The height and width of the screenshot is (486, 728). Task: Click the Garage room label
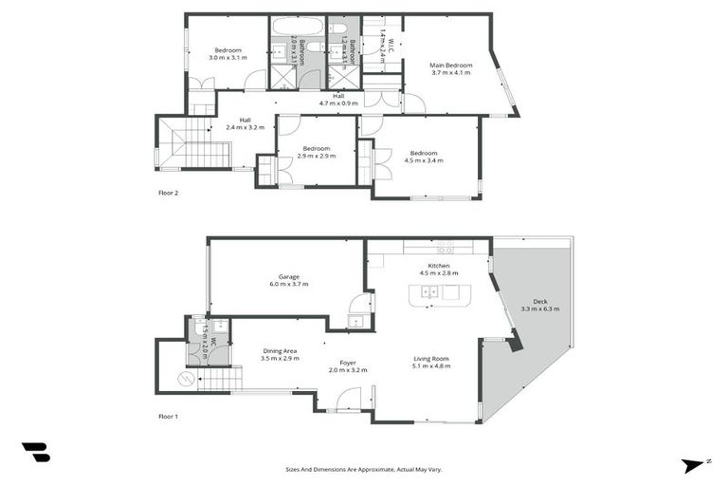point(288,280)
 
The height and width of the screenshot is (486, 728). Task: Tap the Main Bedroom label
point(451,68)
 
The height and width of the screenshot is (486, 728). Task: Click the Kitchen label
point(438,269)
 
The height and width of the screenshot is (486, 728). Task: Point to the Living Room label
point(430,363)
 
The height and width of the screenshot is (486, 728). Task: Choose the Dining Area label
point(280,354)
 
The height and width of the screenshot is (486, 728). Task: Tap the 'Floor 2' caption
point(168,193)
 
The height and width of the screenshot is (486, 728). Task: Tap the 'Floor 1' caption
point(168,416)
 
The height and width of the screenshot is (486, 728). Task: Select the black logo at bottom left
point(35,453)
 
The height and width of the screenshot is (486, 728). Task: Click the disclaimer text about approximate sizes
point(363,469)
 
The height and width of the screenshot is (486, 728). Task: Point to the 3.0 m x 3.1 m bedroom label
point(227,53)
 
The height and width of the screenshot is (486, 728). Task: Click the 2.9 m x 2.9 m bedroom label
point(316,152)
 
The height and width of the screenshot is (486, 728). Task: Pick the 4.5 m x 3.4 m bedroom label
point(424,157)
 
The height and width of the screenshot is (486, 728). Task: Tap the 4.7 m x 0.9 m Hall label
point(338,99)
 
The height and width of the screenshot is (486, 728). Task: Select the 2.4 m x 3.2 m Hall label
point(245,123)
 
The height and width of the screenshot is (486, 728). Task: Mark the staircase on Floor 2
point(193,144)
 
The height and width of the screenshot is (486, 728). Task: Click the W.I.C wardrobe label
point(382,44)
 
